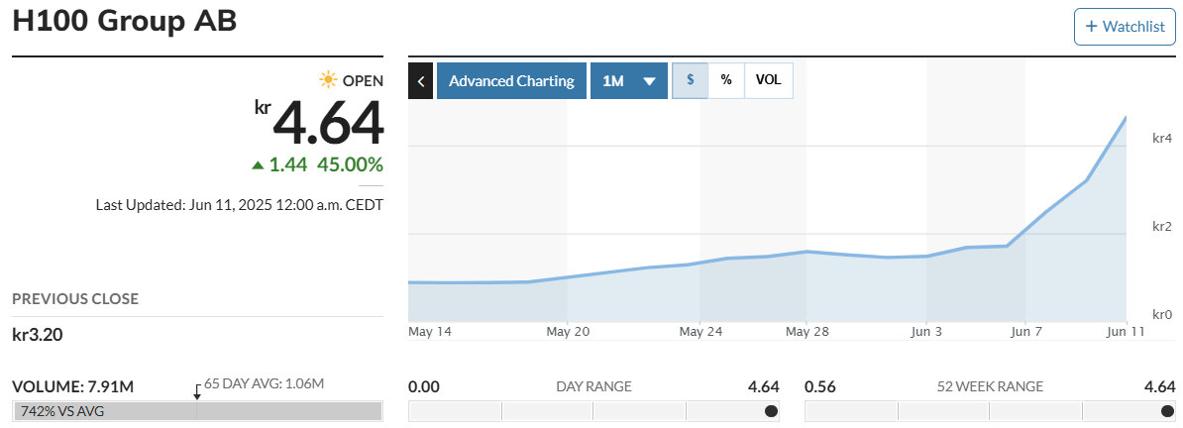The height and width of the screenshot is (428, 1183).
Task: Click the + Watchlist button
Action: coord(1125,27)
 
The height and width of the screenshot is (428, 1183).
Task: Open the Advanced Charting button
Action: coord(511,81)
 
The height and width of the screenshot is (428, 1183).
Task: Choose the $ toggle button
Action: coord(690,81)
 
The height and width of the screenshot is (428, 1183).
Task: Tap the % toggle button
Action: coord(726,81)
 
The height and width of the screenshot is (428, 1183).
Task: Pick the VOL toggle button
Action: coord(768,81)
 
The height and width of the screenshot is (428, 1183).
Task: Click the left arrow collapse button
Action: coord(420,81)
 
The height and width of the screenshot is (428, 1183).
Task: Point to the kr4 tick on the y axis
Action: coord(1162,139)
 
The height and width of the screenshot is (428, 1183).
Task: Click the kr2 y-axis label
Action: coord(1162,227)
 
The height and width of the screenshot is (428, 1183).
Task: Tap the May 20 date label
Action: coord(568,331)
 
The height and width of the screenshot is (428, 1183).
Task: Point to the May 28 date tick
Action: coord(807,331)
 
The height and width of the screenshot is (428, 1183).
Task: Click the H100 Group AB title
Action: coord(125,22)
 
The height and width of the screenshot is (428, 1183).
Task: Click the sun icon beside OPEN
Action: coord(328,80)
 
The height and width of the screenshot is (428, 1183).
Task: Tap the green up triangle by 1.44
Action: coord(258,165)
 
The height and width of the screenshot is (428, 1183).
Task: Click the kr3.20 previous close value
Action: coord(38,335)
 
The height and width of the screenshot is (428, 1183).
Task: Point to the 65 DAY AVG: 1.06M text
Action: coord(265,383)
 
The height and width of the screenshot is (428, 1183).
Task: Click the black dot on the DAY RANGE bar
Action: coord(771,411)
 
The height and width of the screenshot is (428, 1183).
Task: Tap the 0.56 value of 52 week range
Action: coord(820,386)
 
